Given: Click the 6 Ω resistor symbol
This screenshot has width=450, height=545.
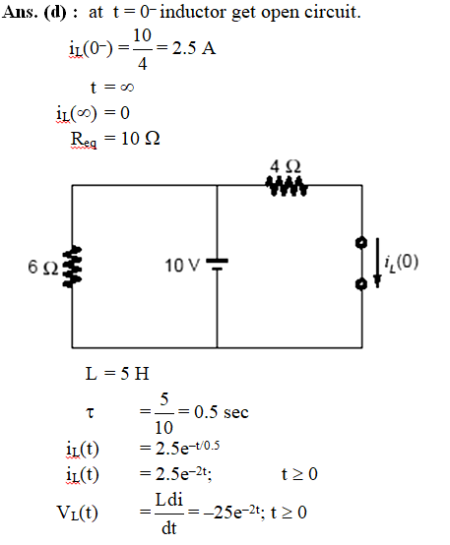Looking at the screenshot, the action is coord(72,267).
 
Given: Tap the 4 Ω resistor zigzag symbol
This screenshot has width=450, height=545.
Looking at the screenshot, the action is coord(287,186).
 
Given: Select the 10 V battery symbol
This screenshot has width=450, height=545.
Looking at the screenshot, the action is coord(218,265).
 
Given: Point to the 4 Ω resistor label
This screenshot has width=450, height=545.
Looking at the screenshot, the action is coord(285,166).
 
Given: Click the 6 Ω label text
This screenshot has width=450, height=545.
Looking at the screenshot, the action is coord(42,268).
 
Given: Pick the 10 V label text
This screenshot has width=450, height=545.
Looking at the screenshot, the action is coord(182,266).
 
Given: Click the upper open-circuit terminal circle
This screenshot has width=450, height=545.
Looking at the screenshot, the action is coord(361,242).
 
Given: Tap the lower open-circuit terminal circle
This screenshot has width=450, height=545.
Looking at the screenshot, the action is coord(361,284).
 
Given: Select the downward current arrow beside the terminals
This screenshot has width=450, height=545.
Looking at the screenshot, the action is coord(377,263).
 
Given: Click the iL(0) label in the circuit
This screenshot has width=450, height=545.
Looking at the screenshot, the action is coord(402,262).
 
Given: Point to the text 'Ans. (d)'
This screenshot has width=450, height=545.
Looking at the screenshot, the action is coord(34,13).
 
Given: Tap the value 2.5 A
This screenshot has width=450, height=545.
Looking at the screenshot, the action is coord(194,48).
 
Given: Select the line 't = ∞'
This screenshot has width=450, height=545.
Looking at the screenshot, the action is coord(112,87).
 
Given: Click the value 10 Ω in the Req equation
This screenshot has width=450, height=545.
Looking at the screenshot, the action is coord(141,139).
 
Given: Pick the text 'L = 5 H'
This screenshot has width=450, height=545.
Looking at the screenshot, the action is coord(117,374).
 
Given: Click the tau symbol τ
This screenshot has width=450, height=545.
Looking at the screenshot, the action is coord(90,412).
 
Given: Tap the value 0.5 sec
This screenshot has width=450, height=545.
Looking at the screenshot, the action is coord(222,412).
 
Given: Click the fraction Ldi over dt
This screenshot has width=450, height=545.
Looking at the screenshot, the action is coord(169,514).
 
